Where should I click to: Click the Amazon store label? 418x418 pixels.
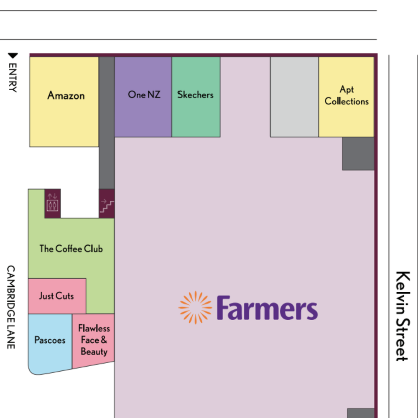(66, 95)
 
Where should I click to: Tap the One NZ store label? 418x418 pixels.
(144, 94)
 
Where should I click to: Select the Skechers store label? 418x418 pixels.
(195, 94)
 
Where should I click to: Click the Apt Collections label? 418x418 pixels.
(347, 95)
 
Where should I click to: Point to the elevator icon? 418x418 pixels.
(53, 204)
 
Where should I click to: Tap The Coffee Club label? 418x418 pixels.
(71, 249)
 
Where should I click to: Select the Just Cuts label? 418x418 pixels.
(56, 296)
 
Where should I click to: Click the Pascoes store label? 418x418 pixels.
(50, 340)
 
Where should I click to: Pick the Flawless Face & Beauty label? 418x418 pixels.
(94, 340)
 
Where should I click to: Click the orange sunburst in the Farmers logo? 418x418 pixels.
(195, 308)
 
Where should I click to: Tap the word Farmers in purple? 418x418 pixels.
(268, 308)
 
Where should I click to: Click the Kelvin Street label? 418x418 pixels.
(403, 316)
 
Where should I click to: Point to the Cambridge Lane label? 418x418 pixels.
(11, 307)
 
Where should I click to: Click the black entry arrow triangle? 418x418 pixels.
(13, 56)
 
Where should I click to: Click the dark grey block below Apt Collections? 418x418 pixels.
(358, 153)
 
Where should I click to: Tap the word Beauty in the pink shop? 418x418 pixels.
(94, 352)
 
